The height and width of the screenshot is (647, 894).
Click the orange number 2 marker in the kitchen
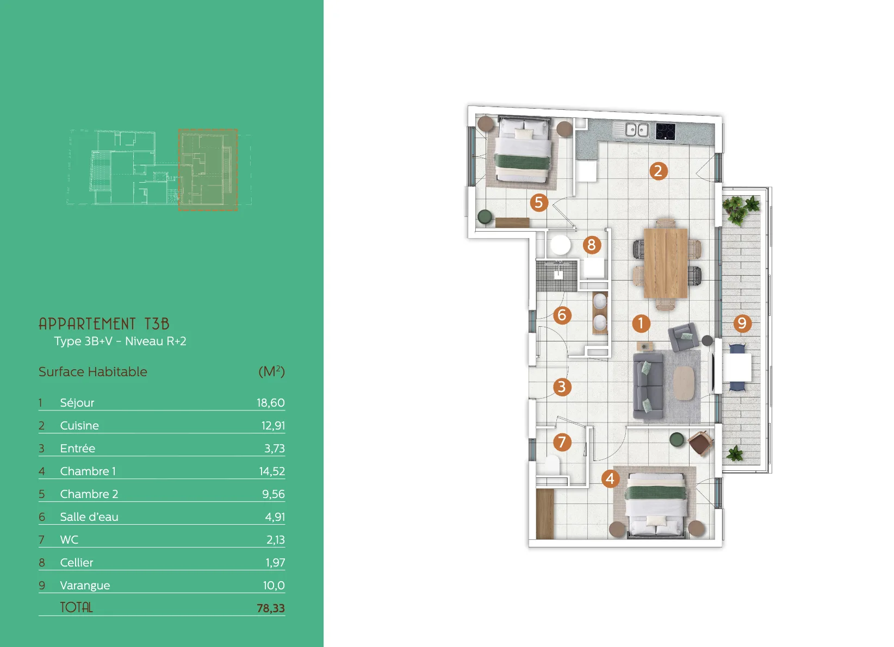point(658,171)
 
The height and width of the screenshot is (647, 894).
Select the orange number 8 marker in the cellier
point(592,245)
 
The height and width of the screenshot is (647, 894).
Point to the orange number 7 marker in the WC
point(562,442)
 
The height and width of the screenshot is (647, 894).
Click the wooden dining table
point(666,264)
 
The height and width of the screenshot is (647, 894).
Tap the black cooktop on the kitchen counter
point(665,132)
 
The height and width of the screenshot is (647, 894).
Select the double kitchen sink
point(637,130)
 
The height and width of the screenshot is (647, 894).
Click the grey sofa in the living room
point(649,385)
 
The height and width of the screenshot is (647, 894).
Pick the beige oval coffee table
point(684,383)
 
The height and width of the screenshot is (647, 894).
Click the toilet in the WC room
point(552,465)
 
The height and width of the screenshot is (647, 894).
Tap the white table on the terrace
point(737,367)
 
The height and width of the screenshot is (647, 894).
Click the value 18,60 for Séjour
point(271,403)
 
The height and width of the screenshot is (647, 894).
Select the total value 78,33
point(271,608)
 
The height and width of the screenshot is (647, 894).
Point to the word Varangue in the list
point(85,586)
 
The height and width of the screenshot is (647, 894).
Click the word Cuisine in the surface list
point(79,426)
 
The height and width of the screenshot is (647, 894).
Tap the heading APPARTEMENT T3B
point(104,323)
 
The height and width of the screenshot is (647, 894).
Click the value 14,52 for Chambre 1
point(272,471)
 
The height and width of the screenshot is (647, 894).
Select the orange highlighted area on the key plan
point(208,169)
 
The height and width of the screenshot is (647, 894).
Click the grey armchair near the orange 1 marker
point(684,337)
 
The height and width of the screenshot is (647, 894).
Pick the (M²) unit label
point(271,371)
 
